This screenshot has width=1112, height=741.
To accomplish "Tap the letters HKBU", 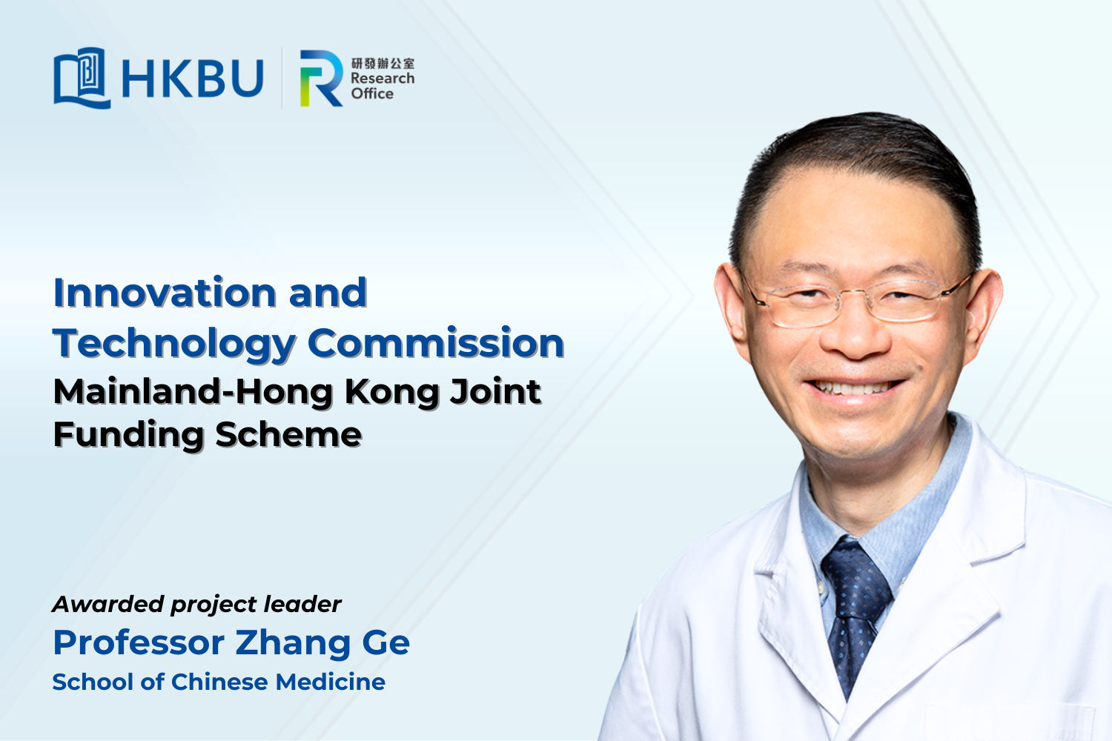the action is (193, 79).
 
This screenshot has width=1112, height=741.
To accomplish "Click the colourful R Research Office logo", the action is (321, 78).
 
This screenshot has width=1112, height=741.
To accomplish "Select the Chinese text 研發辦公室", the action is (383, 63).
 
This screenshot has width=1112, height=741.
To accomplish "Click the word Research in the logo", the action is (383, 79).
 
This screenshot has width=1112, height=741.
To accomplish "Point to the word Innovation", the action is (165, 293).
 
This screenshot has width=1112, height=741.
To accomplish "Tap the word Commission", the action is (436, 343).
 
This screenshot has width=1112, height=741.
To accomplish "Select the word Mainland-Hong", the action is (193, 393).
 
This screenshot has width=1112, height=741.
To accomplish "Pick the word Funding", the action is (128, 435).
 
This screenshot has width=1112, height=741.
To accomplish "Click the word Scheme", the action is (288, 434).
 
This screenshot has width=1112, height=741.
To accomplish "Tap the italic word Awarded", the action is (107, 604).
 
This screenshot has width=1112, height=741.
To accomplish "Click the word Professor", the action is (139, 643).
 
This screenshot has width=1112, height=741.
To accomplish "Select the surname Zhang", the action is (292, 644).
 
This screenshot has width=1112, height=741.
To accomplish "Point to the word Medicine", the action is (331, 682).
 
